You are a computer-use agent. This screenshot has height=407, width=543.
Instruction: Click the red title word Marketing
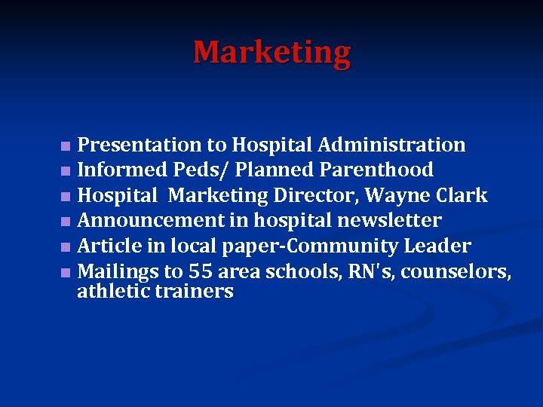coord(271,53)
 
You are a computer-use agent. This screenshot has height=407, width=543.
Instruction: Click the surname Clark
coord(462,196)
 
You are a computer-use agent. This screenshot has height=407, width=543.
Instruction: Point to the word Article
coord(105,246)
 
